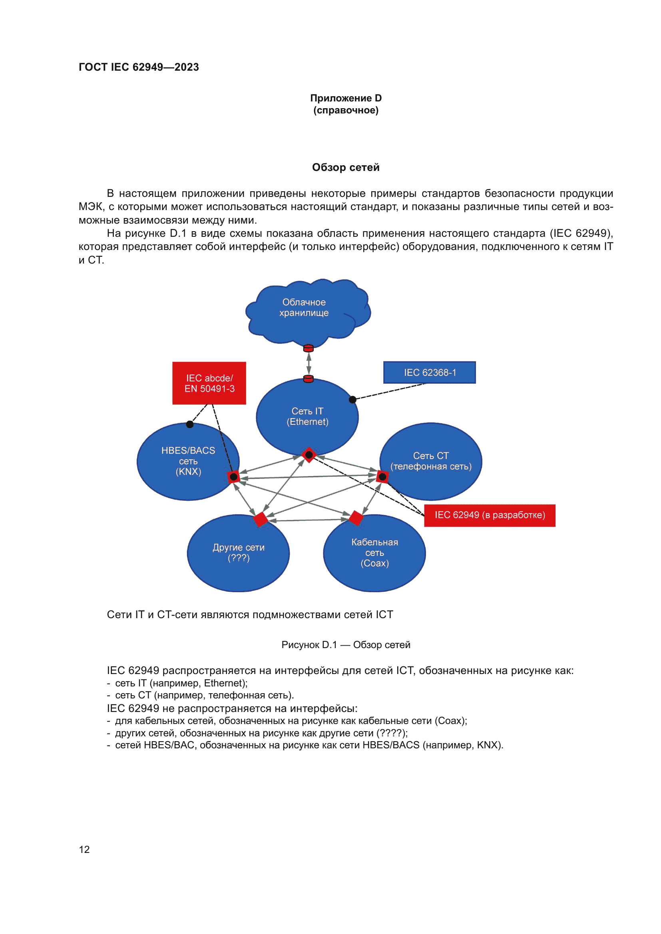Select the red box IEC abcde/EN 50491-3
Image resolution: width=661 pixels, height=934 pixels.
tap(209, 383)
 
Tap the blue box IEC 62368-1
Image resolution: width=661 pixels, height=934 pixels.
tap(429, 373)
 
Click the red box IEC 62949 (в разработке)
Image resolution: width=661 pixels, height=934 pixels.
tap(490, 516)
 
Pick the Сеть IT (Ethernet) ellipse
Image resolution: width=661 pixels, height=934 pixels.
tap(307, 416)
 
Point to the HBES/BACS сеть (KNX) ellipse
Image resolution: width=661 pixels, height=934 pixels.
tap(188, 461)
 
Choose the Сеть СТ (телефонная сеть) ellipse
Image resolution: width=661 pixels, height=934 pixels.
tap(431, 461)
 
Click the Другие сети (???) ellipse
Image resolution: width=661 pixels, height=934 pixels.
tap(239, 553)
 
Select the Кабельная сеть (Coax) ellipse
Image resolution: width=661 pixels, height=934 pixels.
tap(374, 553)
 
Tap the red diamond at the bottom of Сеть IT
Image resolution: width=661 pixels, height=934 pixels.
tap(309, 455)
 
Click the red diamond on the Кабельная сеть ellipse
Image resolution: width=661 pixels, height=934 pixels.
tap(356, 518)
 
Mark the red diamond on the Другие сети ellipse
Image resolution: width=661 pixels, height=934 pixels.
tap(261, 520)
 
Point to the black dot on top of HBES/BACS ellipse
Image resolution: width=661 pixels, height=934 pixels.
tap(190, 425)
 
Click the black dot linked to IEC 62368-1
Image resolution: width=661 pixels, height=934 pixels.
tap(353, 400)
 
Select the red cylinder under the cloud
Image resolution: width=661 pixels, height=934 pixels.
tap(309, 348)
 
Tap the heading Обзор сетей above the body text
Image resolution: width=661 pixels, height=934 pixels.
tap(346, 167)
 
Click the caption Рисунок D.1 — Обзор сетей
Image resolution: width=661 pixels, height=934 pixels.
tap(346, 645)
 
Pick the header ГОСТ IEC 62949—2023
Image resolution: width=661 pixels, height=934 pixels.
tap(139, 67)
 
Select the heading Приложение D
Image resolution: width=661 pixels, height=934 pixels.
tap(346, 98)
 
